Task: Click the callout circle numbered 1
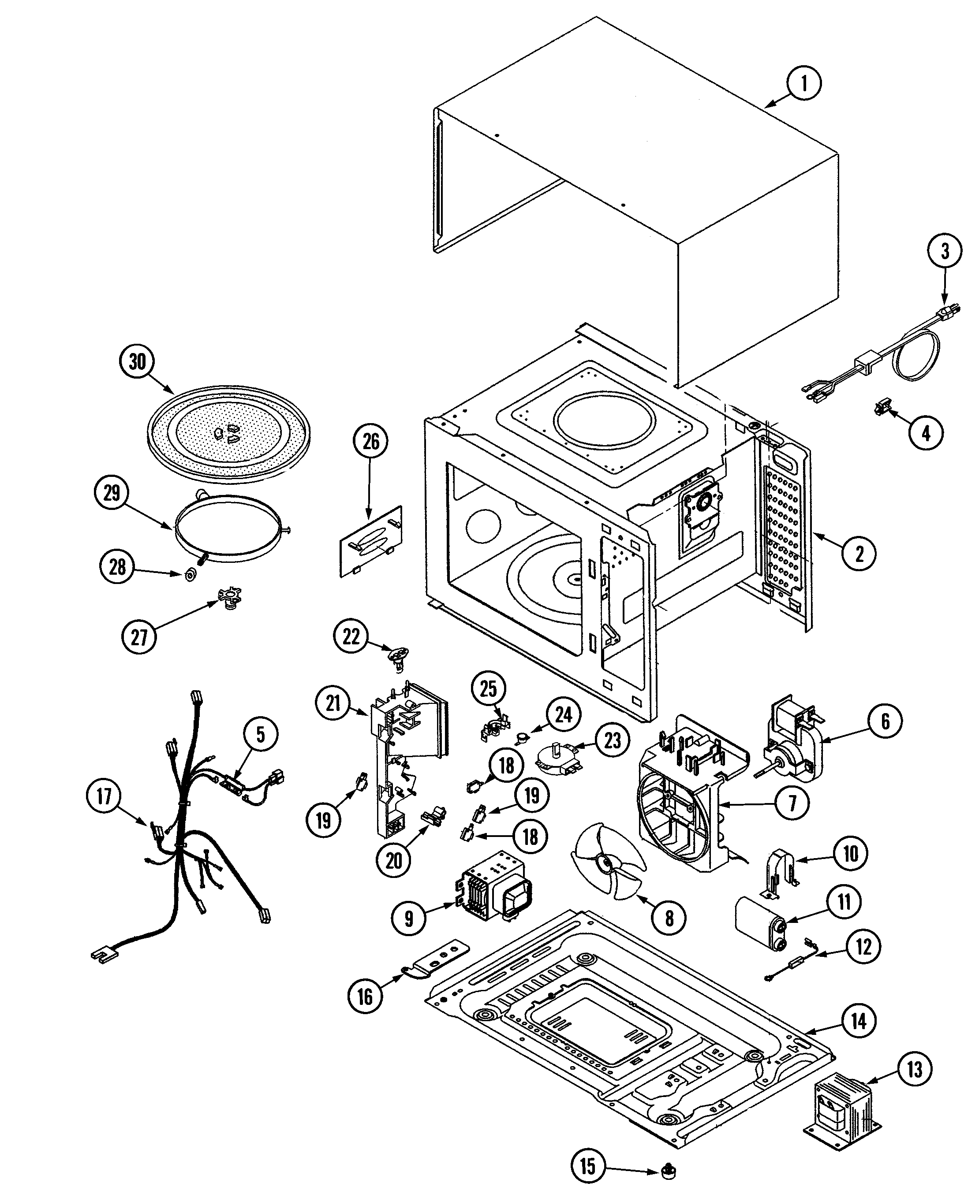coord(803,83)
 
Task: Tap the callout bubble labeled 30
coord(137,362)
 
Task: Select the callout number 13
coord(914,1069)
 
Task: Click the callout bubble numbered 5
coord(260,735)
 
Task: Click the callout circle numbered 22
coord(351,636)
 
